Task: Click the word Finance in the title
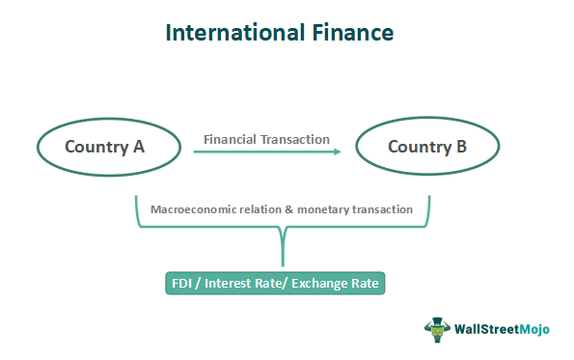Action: pos(345,32)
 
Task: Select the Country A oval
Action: pos(109,147)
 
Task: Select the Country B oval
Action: pos(427,147)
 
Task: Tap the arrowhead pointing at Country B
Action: pos(340,151)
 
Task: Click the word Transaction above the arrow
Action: pos(296,139)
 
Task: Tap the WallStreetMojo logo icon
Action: pos(437,328)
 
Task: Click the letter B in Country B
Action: pos(461,147)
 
